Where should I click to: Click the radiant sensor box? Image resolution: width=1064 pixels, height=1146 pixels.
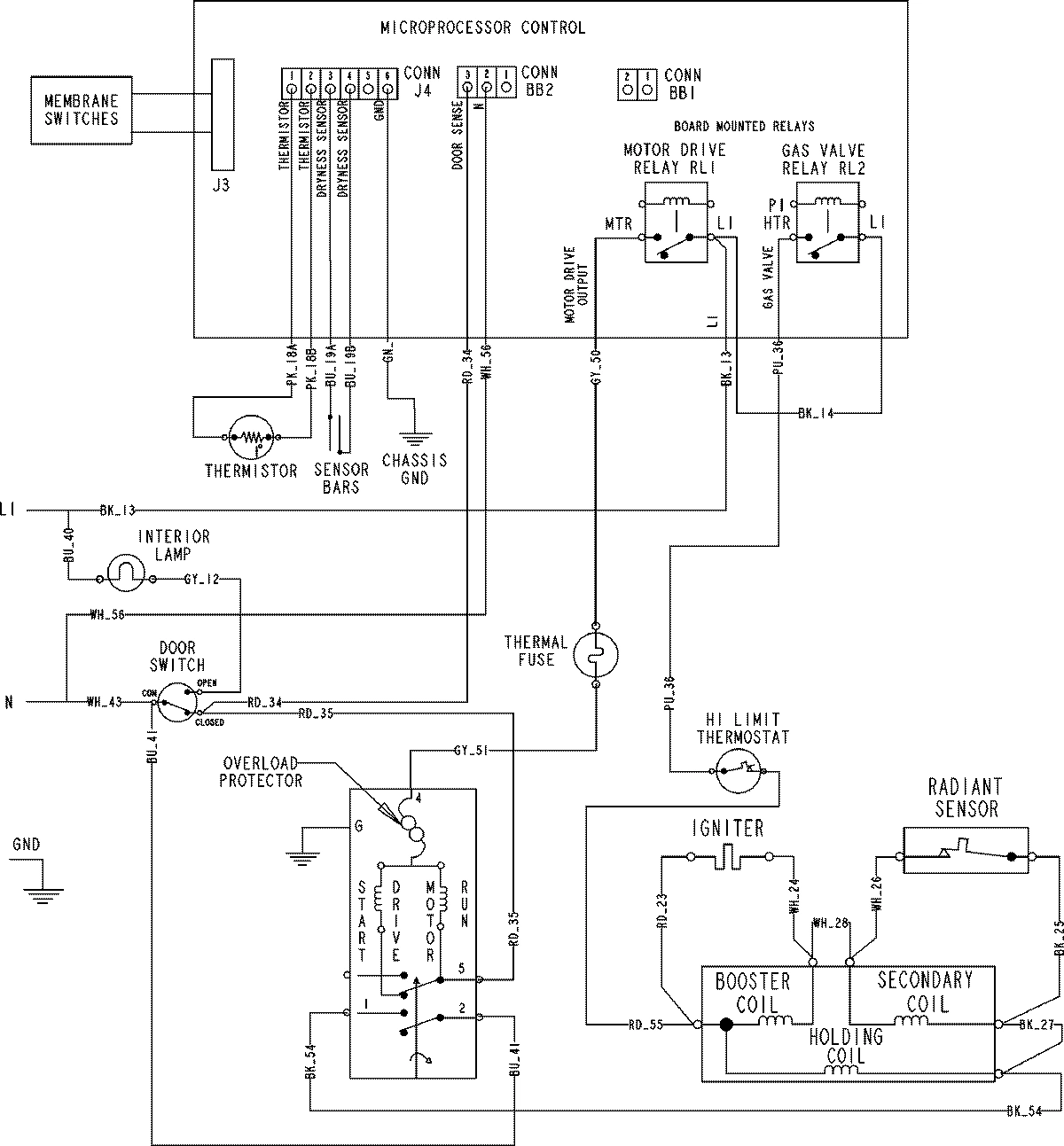[965, 851]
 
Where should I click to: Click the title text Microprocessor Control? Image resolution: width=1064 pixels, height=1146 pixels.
[482, 28]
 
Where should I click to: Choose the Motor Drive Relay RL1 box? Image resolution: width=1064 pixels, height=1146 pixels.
[676, 222]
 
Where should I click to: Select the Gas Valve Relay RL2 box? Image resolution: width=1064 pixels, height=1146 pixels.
[827, 222]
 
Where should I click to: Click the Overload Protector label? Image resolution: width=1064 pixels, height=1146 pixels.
[262, 771]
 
